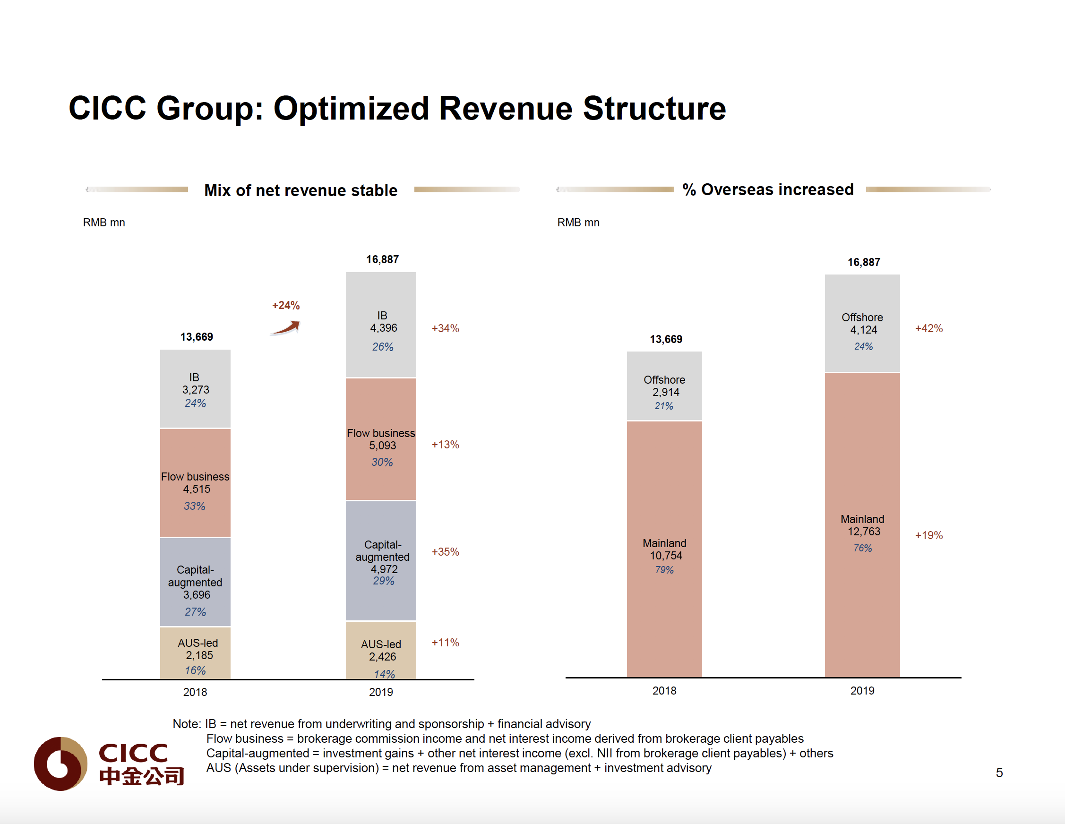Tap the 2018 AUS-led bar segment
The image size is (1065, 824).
tap(195, 653)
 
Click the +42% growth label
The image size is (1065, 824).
tap(928, 328)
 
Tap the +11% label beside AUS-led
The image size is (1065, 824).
tap(445, 643)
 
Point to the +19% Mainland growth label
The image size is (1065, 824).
tap(928, 535)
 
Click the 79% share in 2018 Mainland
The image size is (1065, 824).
tap(664, 569)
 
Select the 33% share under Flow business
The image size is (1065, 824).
tap(195, 506)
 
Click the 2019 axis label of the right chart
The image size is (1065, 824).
tap(862, 691)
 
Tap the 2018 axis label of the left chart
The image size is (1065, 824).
tap(195, 692)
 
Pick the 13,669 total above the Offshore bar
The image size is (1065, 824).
tap(666, 339)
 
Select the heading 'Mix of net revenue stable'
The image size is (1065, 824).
tap(301, 190)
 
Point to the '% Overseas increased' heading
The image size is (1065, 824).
tap(768, 189)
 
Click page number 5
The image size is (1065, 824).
tap(999, 773)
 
